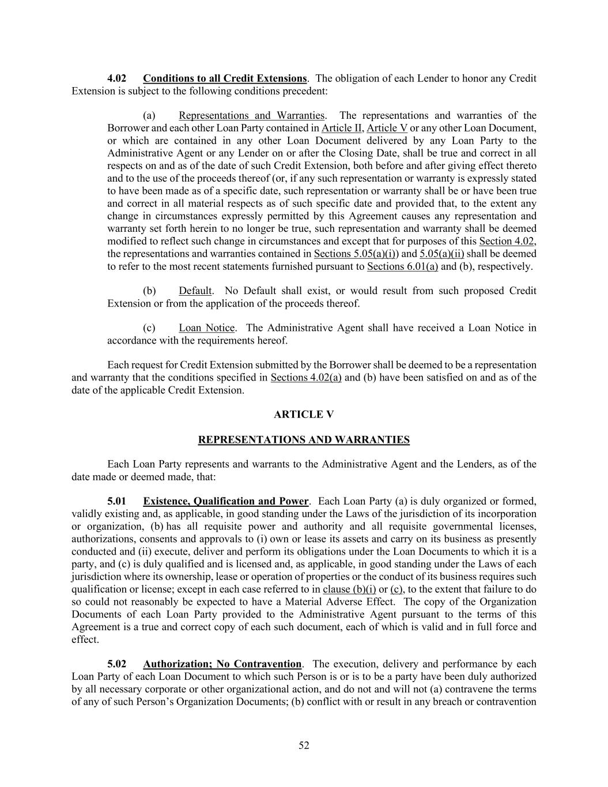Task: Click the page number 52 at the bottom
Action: (304, 745)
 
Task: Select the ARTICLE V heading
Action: (304, 415)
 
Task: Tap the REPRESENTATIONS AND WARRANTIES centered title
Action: (304, 440)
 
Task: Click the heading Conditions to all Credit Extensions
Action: (225, 78)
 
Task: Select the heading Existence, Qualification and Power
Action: (226, 501)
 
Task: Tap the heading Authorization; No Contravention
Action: (222, 664)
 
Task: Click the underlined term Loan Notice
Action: (207, 328)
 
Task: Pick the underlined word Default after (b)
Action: (195, 291)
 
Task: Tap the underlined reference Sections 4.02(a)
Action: (306, 378)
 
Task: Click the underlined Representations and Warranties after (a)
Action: (252, 115)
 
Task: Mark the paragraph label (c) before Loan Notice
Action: (149, 328)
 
